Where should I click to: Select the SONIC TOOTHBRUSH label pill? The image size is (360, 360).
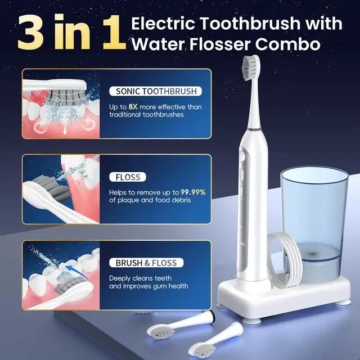click(x=156, y=91)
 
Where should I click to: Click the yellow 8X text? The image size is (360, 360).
click(x=133, y=107)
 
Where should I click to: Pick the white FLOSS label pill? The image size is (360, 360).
click(x=128, y=177)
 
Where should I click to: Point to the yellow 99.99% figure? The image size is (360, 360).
click(x=193, y=192)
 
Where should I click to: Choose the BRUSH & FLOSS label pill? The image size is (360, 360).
click(x=146, y=263)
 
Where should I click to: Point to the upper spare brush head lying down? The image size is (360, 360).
click(x=181, y=324)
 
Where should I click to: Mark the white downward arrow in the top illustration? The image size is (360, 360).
click(x=65, y=130)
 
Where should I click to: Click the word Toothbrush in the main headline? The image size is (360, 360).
click(x=250, y=24)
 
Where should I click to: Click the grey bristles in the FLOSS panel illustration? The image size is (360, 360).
click(x=52, y=188)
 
